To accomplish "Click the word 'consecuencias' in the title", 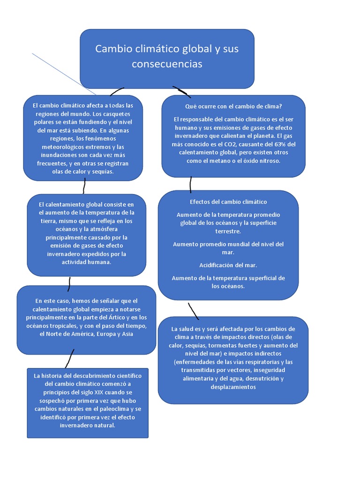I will [x=167, y=64].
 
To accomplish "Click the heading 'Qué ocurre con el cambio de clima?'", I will [x=233, y=106].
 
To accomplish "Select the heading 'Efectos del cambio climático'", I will [x=228, y=202].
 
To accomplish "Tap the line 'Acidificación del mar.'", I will [x=228, y=265].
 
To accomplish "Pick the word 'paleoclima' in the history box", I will [x=109, y=409].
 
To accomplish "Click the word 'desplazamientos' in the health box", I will [x=233, y=387].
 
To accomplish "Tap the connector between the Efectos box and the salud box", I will [x=193, y=311].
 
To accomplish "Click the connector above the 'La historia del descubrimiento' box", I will [x=70, y=359].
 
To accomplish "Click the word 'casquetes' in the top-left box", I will [x=114, y=114].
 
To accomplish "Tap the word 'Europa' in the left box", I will [x=108, y=334].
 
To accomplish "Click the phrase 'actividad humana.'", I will [x=86, y=262].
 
